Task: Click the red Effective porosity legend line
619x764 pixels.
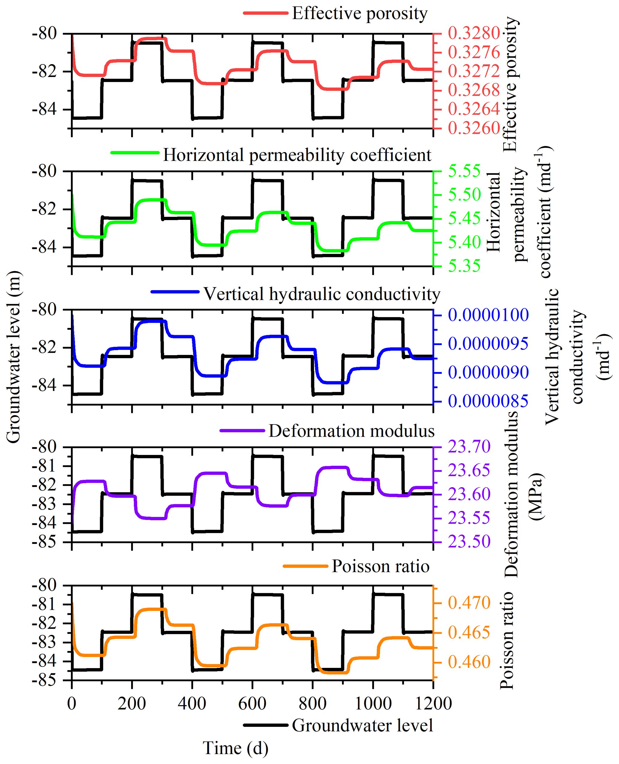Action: [266, 13]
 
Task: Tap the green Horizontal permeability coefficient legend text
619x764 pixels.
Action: [297, 155]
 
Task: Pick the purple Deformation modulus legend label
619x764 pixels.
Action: [351, 431]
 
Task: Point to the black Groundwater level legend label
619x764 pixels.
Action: [362, 725]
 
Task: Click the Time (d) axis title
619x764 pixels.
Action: [235, 748]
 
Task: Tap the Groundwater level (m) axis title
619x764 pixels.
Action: [13, 356]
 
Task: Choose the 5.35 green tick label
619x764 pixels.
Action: [464, 266]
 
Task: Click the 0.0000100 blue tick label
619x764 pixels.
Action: [488, 315]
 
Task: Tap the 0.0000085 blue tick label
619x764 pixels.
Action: [488, 401]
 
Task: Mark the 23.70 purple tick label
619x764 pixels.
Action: [469, 447]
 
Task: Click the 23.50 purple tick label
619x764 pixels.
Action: [469, 541]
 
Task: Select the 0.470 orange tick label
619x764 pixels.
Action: [469, 603]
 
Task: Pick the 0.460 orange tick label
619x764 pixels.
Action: [469, 662]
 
